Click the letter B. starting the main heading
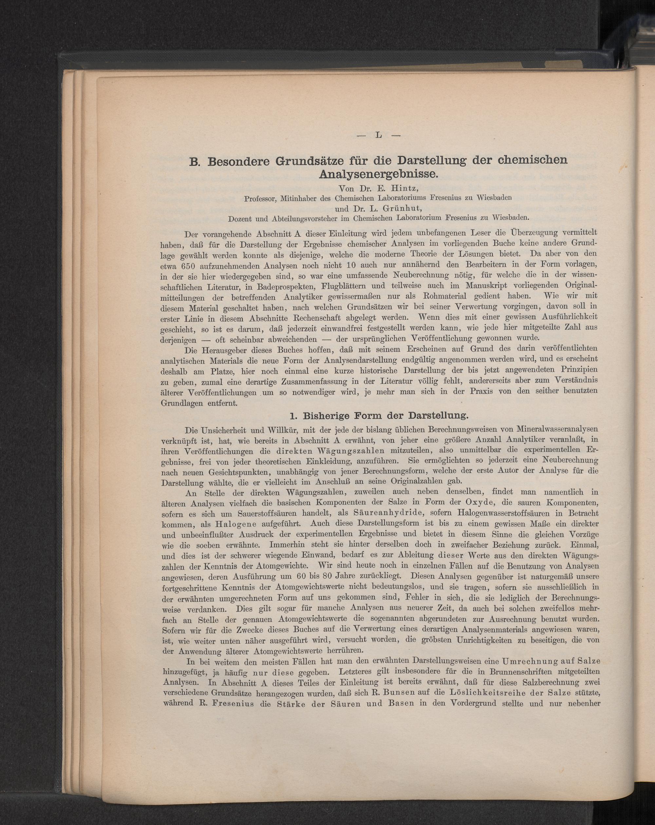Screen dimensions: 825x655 click(x=195, y=161)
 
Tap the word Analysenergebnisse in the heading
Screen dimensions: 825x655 click(x=378, y=175)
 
